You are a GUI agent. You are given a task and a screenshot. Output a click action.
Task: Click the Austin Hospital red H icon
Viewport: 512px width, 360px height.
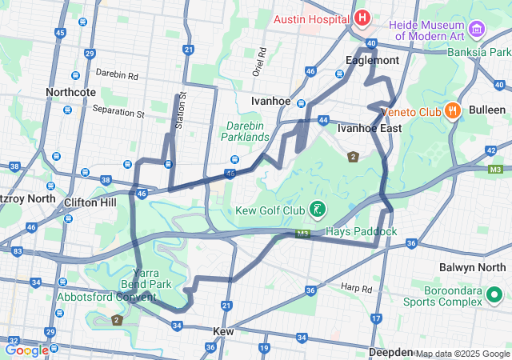(362, 18)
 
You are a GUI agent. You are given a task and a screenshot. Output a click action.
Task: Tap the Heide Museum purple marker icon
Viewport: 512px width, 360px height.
(478, 30)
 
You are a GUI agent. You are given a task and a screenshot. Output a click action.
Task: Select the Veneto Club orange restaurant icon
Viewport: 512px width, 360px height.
(452, 110)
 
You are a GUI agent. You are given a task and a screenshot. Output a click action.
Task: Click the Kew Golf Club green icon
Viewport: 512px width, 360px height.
(318, 210)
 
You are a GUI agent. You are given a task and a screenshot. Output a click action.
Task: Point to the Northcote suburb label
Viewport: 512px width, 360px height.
(71, 92)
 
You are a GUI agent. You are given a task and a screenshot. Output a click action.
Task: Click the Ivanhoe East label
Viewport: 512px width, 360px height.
(369, 128)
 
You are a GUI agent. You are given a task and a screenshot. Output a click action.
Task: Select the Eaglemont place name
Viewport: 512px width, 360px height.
(372, 60)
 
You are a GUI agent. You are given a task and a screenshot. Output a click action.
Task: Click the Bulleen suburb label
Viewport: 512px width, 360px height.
(486, 110)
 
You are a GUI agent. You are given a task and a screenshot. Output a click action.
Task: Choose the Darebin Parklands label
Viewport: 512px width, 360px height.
(246, 131)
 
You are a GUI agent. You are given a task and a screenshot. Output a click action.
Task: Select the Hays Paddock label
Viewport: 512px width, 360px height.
(362, 231)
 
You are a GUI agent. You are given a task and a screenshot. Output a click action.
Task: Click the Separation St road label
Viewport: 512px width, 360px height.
(118, 112)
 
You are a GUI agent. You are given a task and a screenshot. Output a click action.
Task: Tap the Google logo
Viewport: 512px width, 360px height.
(26, 350)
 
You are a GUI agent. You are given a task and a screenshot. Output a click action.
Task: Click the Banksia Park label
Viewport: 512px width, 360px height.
(478, 53)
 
